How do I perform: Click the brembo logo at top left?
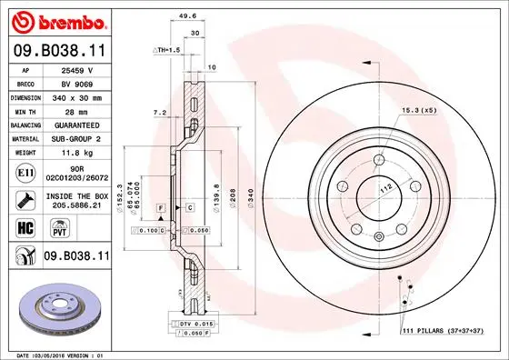pos(56,20)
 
